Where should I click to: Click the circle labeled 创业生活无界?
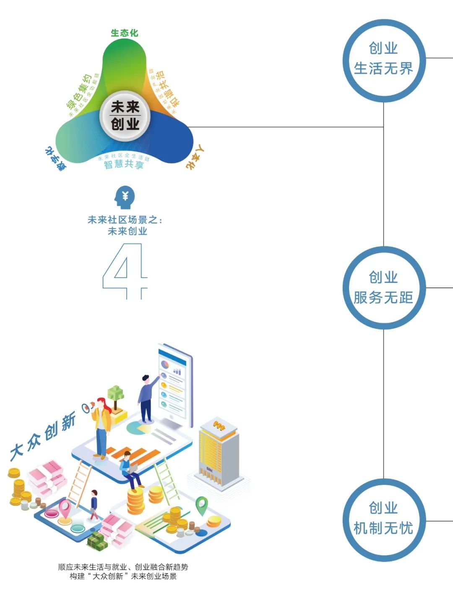pyautogui.click(x=384, y=60)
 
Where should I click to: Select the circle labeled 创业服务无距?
pyautogui.click(x=384, y=288)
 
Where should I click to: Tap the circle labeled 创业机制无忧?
pyautogui.click(x=384, y=520)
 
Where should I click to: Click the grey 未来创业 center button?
pyautogui.click(x=125, y=116)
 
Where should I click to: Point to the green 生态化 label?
pyautogui.click(x=124, y=33)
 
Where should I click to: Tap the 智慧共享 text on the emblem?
pyautogui.click(x=124, y=164)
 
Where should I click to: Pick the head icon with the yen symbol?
pyautogui.click(x=125, y=197)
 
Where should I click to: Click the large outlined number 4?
pyautogui.click(x=125, y=270)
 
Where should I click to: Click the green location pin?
pyautogui.click(x=202, y=505)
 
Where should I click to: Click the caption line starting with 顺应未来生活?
pyautogui.click(x=123, y=567)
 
